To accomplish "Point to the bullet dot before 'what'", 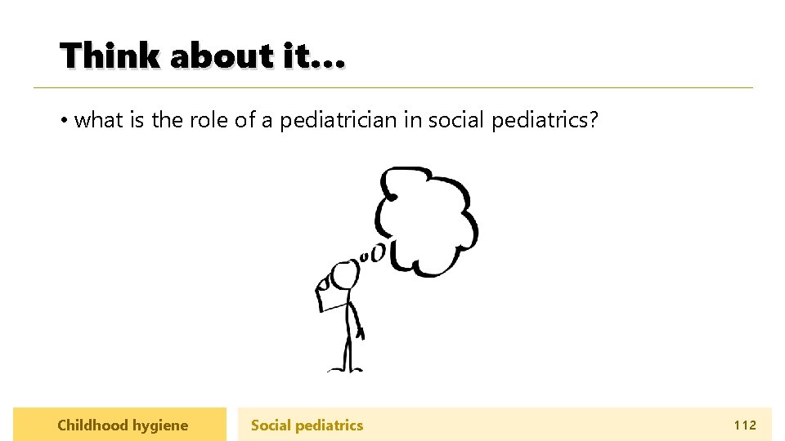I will [63, 121].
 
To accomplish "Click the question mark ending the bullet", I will [594, 120].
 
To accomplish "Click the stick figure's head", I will [343, 274].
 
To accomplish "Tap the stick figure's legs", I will [348, 351].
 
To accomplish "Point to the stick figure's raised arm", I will [327, 294].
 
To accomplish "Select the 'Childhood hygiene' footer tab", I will [120, 425].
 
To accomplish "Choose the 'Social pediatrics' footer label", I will [307, 425].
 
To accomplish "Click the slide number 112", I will [745, 425].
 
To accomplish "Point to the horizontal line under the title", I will [392, 87].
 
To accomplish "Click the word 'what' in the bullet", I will [98, 120].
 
